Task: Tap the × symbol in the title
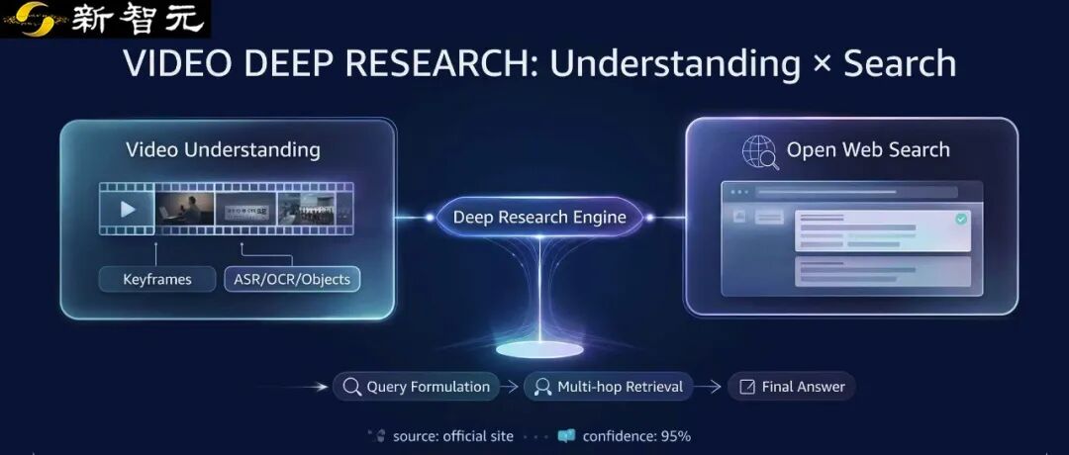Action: (821, 65)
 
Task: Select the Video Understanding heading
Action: (223, 150)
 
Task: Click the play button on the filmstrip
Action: (128, 209)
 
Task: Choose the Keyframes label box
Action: (157, 279)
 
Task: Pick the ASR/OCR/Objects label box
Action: (292, 279)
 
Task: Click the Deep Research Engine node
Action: (539, 218)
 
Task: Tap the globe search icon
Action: (760, 151)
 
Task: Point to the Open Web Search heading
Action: (868, 150)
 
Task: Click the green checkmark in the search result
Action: (960, 219)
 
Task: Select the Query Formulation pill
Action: (416, 387)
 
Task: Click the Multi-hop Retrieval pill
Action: (608, 387)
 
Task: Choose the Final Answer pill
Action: (791, 387)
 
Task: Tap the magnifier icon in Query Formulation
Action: (350, 387)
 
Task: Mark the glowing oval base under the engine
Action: (539, 349)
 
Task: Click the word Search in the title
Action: (899, 63)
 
